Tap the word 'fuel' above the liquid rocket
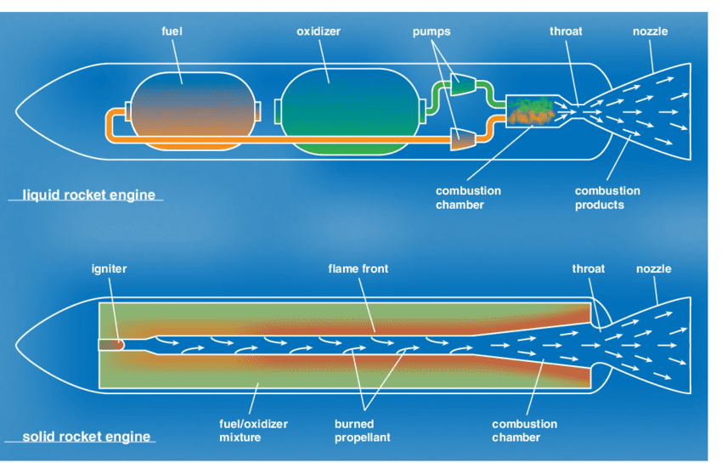click(x=172, y=31)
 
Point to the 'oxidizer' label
click(x=319, y=31)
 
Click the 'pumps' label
click(x=432, y=31)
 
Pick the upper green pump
click(x=462, y=83)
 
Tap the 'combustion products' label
click(x=607, y=198)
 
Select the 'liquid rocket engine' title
click(x=88, y=195)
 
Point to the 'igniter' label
click(x=109, y=268)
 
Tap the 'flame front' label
click(x=358, y=268)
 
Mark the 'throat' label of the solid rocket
click(x=589, y=268)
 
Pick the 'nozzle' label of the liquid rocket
click(x=651, y=31)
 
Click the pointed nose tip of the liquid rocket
click(x=18, y=111)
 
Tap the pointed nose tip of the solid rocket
click(x=18, y=344)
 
